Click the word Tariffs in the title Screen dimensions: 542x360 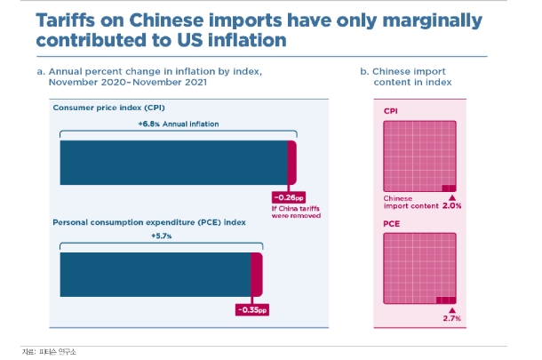66,20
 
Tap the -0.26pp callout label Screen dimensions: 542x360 289,197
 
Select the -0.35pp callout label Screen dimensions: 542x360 252,309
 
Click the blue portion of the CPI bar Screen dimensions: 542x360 174,163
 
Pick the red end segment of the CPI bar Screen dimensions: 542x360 292,163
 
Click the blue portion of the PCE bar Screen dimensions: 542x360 155,275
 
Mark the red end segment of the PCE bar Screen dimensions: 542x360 257,275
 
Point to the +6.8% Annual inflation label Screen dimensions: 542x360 179,124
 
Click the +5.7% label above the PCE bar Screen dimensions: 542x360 162,236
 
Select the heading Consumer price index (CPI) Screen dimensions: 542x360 109,108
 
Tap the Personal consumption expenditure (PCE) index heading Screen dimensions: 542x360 149,222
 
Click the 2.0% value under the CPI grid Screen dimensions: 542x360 451,205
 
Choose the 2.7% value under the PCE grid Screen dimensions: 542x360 451,318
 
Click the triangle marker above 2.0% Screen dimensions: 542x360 452,198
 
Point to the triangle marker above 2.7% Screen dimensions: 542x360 452,310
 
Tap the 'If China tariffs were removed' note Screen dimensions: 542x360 296,212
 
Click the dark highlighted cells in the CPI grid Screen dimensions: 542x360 449,188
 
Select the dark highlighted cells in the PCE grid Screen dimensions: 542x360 446,300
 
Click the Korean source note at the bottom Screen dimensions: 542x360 49,352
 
